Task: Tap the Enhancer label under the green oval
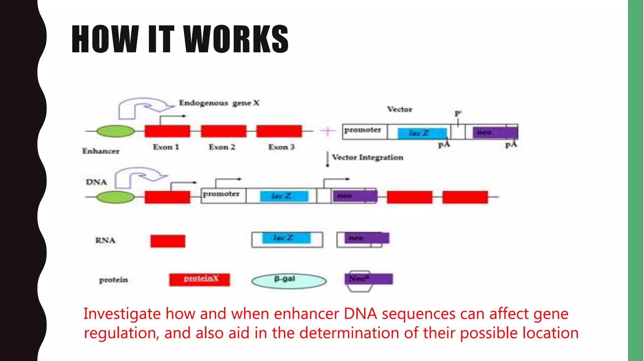101,151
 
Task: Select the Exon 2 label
222,147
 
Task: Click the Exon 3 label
281,147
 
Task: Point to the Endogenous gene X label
219,103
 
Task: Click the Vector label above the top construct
399,109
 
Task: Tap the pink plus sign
327,131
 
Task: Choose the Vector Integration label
367,157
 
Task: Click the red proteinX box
199,280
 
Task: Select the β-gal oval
289,281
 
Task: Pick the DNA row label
96,182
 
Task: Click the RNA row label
105,240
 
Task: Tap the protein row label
113,280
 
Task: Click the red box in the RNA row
168,241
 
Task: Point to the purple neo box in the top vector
495,133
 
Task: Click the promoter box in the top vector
364,131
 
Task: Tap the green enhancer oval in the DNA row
115,197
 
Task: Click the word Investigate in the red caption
122,314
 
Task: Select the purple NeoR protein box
369,279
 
